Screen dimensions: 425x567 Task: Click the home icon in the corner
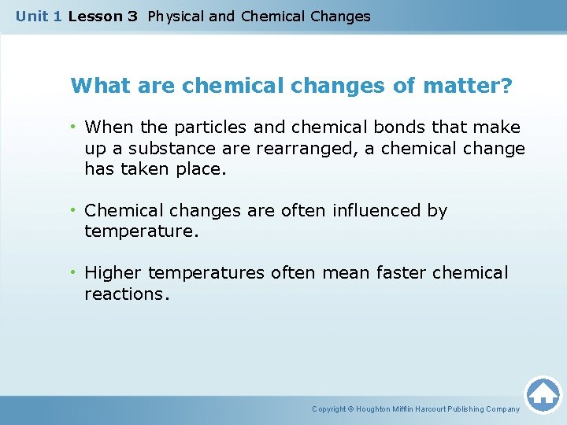pyautogui.click(x=543, y=394)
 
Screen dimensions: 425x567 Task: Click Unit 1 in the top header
pyautogui.click(x=39, y=16)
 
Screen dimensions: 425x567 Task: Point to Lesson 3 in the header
pyautogui.click(x=103, y=16)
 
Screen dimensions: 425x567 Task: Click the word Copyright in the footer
pyautogui.click(x=329, y=409)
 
